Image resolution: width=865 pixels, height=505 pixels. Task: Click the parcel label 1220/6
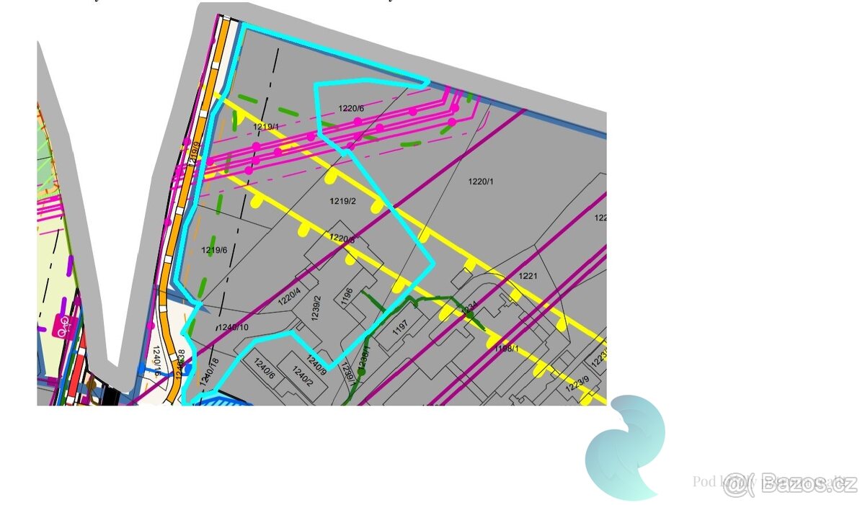(351, 109)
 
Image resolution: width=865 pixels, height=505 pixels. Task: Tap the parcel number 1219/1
(265, 127)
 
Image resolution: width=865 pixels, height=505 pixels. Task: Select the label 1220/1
(481, 182)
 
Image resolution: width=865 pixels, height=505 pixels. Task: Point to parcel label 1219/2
(343, 202)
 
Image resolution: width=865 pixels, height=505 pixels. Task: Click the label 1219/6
(214, 250)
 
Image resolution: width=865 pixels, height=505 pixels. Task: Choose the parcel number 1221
(528, 276)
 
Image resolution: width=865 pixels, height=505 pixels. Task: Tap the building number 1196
(347, 296)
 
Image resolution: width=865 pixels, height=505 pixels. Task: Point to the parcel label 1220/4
(288, 298)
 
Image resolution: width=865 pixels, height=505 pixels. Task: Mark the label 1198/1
(506, 349)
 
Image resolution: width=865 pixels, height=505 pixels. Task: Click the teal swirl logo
(625, 447)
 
